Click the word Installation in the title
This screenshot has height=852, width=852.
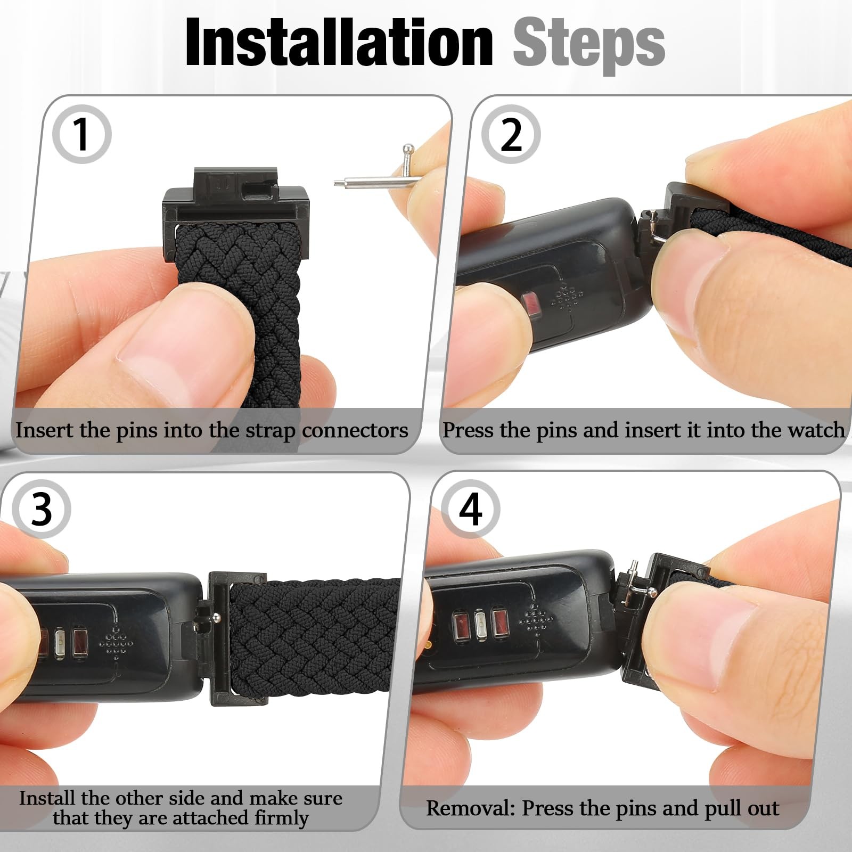pyautogui.click(x=339, y=43)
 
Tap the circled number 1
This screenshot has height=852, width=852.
pyautogui.click(x=81, y=134)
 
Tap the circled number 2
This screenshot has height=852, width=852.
pyautogui.click(x=511, y=134)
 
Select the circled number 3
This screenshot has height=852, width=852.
pyautogui.click(x=42, y=509)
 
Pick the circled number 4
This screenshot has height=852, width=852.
pyautogui.click(x=470, y=509)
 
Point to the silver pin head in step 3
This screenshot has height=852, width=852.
pyautogui.click(x=216, y=617)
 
